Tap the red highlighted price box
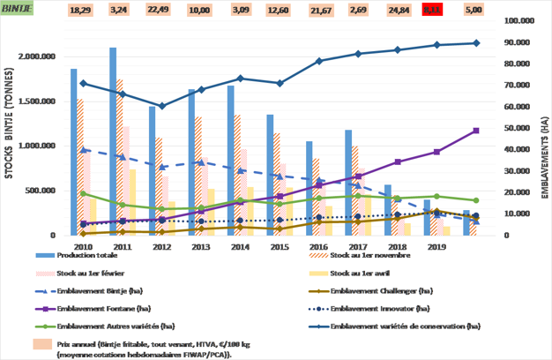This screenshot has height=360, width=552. click(x=434, y=10)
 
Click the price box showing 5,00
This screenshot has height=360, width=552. click(x=474, y=10)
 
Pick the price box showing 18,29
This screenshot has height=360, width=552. click(x=80, y=10)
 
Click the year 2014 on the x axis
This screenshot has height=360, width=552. click(x=238, y=247)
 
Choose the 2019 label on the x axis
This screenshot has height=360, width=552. click(x=436, y=247)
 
